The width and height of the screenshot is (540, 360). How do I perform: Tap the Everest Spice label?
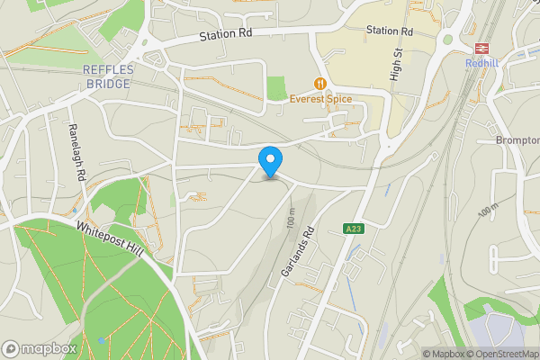pyautogui.click(x=320, y=99)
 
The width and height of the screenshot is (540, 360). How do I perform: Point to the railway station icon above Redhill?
pyautogui.click(x=481, y=48)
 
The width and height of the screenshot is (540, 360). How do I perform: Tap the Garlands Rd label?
pyautogui.click(x=301, y=250)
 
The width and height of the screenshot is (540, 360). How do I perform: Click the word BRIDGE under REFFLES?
pyautogui.click(x=105, y=84)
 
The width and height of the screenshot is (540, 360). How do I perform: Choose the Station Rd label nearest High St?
pyautogui.click(x=390, y=31)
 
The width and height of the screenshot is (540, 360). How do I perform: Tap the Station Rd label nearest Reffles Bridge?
pyautogui.click(x=227, y=34)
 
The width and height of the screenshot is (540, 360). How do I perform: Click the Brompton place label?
pyautogui.click(x=518, y=140)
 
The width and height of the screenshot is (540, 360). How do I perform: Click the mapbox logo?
pyautogui.click(x=40, y=348)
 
